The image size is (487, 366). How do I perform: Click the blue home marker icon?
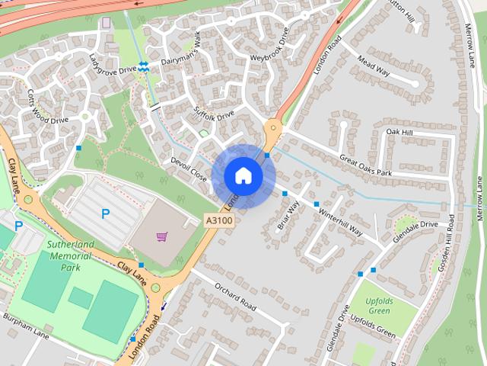click(x=243, y=176)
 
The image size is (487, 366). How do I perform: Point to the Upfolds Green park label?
click(x=374, y=305)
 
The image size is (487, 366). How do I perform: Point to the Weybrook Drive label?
click(x=269, y=47)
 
